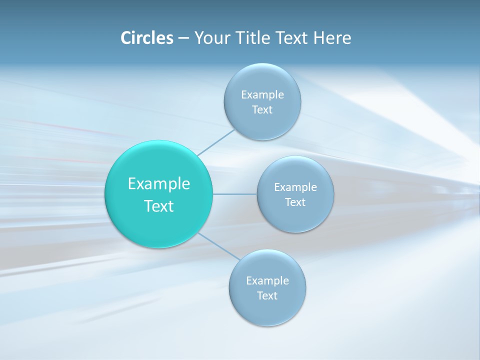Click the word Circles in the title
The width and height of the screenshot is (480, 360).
click(x=146, y=38)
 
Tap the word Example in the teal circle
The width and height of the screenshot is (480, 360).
click(x=159, y=184)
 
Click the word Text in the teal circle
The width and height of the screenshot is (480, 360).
click(x=159, y=206)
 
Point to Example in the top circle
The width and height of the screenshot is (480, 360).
click(x=262, y=95)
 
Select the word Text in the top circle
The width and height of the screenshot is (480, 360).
click(x=262, y=110)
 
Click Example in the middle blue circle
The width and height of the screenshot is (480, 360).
click(x=295, y=187)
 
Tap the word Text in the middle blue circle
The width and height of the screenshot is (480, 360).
click(x=295, y=202)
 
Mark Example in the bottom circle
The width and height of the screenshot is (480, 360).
click(x=267, y=281)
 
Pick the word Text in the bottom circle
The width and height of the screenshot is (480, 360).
click(x=267, y=296)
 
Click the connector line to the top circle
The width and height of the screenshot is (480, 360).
click(x=216, y=142)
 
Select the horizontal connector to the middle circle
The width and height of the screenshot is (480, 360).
click(x=235, y=194)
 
